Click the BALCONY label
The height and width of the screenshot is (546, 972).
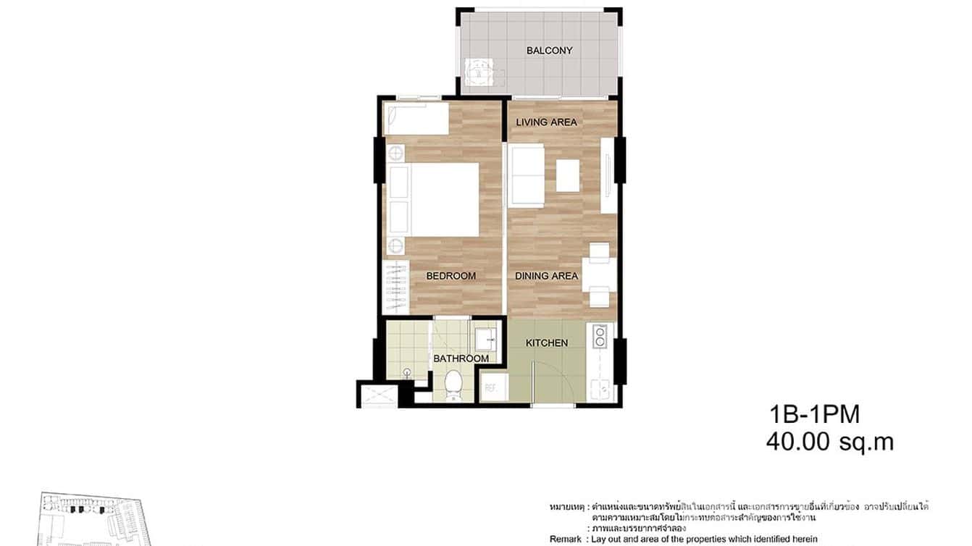point(549,51)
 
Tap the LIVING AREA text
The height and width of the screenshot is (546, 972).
point(546,122)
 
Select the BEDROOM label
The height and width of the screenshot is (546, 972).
point(451,276)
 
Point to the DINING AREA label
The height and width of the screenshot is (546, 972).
point(546,276)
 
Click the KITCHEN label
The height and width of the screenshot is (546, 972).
point(546,343)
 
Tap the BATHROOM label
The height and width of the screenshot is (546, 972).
point(461,358)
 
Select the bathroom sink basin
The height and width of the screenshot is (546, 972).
point(486,337)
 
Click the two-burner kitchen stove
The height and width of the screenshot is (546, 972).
point(600,337)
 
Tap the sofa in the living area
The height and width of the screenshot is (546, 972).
point(527,176)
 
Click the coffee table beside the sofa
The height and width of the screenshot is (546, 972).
point(568,175)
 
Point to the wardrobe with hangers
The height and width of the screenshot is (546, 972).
point(395,287)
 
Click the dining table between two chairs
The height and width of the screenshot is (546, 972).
point(599,275)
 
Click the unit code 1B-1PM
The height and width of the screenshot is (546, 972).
point(814,415)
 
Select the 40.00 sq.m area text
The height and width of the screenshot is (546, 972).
point(829,442)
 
